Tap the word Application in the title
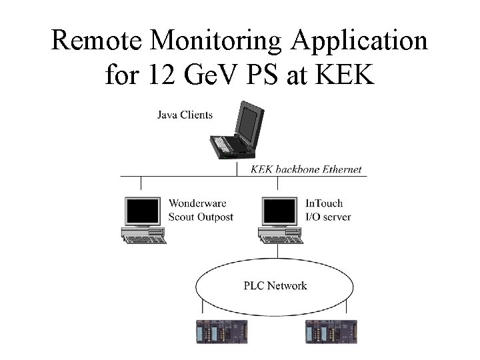[359, 41]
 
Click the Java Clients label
[185, 115]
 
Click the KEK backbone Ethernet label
[306, 169]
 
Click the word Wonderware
[197, 203]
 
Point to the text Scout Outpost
[201, 217]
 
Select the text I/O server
[328, 217]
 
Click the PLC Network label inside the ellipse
[275, 286]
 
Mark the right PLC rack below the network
[331, 331]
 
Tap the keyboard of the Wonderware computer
[144, 239]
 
